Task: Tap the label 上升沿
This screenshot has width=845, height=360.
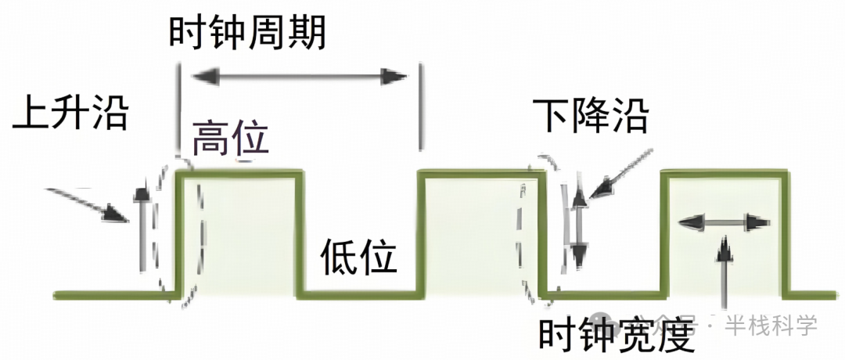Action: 70,115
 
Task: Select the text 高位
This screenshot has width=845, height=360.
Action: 231,139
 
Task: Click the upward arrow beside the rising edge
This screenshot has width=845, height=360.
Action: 141,227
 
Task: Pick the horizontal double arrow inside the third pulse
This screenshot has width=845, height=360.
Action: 721,223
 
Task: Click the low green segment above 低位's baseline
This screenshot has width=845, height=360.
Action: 360,295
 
